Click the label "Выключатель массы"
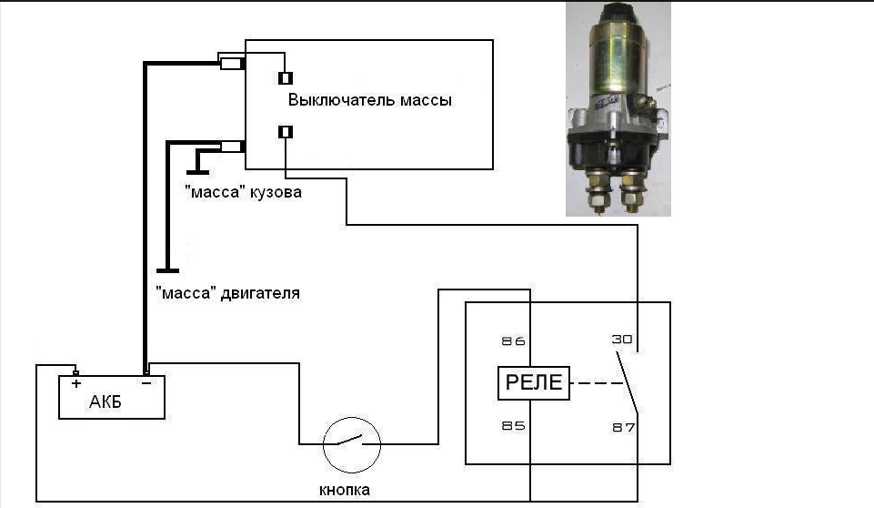(369, 100)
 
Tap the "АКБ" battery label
(105, 403)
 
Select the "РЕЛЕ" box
(534, 383)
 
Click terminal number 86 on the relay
(514, 341)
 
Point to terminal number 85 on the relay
(514, 424)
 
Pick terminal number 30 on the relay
(620, 339)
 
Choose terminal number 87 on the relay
(622, 426)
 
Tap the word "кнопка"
(345, 490)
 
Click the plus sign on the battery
(76, 384)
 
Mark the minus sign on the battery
(146, 384)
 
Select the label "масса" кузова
(242, 193)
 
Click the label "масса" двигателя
(226, 294)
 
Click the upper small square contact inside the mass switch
(286, 77)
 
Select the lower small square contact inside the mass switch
(286, 133)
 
